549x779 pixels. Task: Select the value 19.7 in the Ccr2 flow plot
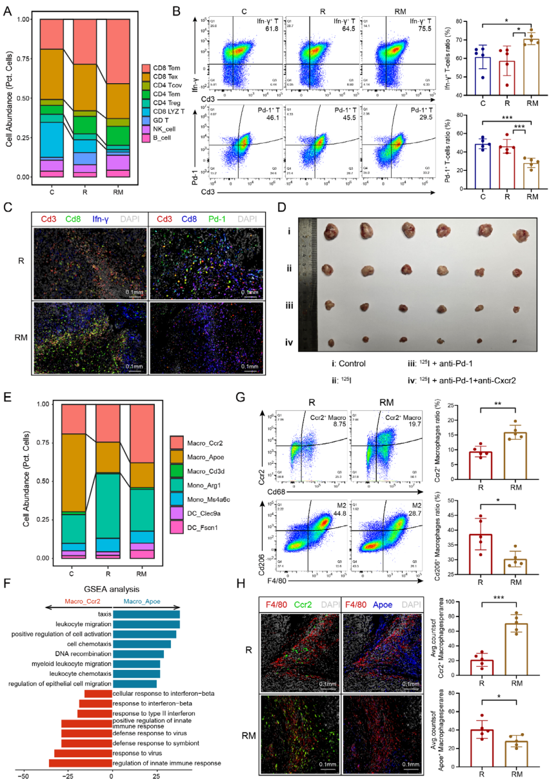[404, 425]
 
